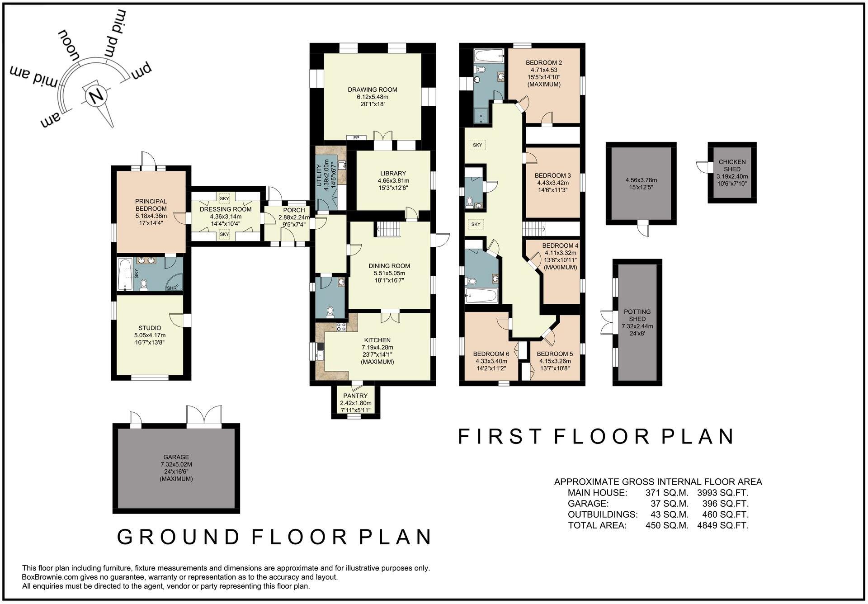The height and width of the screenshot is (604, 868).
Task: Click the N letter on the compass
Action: tap(95, 96)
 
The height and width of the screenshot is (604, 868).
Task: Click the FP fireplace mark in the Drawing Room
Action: tap(356, 137)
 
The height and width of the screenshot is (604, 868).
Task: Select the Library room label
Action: tap(393, 173)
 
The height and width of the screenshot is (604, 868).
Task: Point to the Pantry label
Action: tap(355, 396)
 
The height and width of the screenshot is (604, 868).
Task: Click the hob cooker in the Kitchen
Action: tap(341, 326)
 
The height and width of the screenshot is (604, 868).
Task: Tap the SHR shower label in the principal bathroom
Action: tap(172, 288)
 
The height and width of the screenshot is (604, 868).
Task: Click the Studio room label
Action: tap(150, 328)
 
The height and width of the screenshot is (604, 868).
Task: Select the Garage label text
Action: tap(176, 457)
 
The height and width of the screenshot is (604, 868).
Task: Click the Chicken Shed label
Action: tap(732, 165)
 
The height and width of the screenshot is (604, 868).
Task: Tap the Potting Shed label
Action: tap(637, 315)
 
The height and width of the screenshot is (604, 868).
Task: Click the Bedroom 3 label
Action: tap(552, 175)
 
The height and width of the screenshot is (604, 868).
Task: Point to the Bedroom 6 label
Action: tap(491, 354)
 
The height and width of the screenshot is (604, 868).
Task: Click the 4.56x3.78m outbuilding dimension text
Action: tap(641, 180)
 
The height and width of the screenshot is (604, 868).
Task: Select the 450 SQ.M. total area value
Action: tap(667, 525)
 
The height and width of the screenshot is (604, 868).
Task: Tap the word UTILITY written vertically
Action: tap(319, 175)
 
